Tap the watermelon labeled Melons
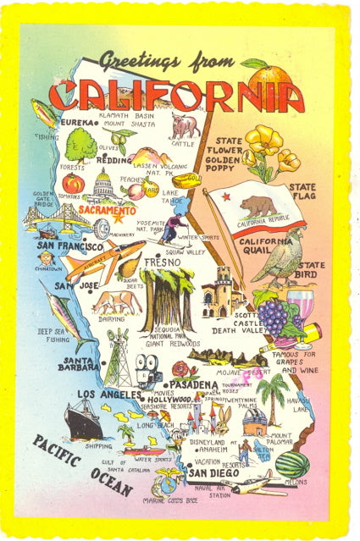292,463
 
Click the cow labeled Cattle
183,126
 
